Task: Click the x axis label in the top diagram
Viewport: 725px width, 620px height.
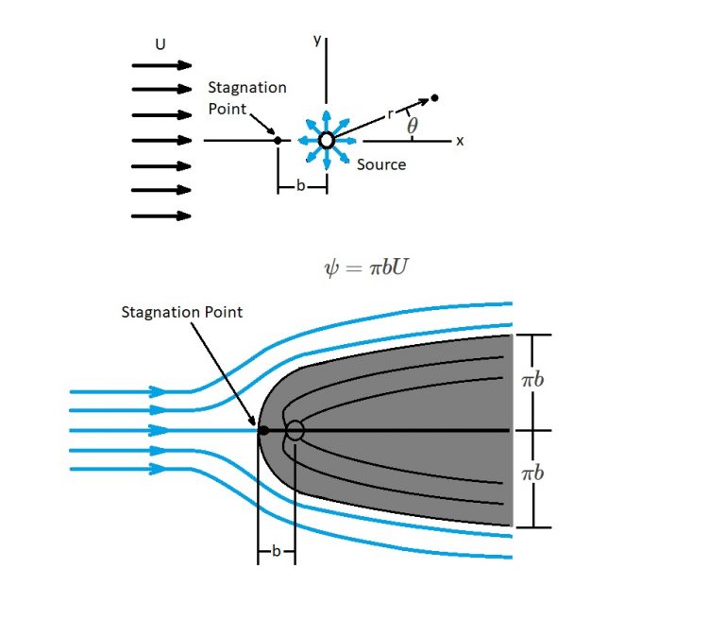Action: (x=461, y=141)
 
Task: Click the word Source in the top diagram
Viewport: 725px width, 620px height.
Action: (x=381, y=164)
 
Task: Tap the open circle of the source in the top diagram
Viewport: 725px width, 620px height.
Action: (x=327, y=141)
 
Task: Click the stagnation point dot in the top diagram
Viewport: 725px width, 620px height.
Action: (x=278, y=141)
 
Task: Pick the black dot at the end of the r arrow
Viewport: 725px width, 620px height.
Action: (x=434, y=97)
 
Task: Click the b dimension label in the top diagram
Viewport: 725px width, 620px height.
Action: (x=300, y=186)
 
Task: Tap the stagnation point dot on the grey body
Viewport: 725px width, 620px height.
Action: (x=264, y=431)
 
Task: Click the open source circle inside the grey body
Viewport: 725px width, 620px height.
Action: (x=295, y=431)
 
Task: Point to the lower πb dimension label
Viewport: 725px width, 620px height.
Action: (x=533, y=472)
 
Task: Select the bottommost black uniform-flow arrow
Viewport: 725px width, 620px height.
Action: (x=161, y=215)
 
